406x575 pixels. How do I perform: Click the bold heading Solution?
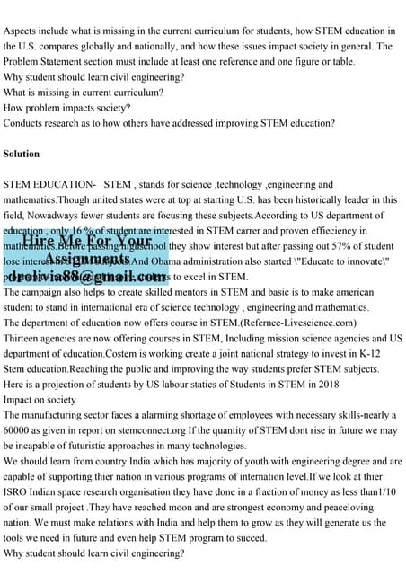[x=22, y=154]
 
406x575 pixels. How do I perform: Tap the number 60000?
[x=19, y=429]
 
